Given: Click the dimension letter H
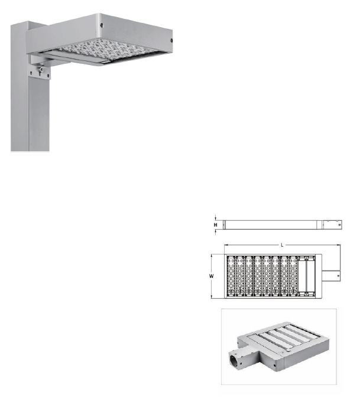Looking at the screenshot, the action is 215,225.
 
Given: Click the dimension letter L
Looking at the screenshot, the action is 282,245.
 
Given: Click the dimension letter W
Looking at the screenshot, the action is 212,276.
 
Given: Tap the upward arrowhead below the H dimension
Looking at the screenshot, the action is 216,231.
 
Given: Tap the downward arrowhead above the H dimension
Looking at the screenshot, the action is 216,219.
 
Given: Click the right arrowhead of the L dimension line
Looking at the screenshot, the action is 339,245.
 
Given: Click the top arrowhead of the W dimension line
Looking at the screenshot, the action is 212,256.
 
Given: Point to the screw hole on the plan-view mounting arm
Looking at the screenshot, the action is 338,276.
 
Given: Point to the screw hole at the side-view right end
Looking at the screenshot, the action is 339,225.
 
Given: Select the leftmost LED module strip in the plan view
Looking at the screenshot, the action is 231,276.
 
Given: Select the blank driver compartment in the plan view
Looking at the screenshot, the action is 306,276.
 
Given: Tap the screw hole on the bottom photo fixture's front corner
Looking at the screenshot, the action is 275,366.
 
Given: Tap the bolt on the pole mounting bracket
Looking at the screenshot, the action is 40,69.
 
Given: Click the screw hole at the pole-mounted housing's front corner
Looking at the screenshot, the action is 102,25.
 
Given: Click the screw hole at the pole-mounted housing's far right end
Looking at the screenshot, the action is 171,40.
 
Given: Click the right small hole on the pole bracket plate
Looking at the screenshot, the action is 48,74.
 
